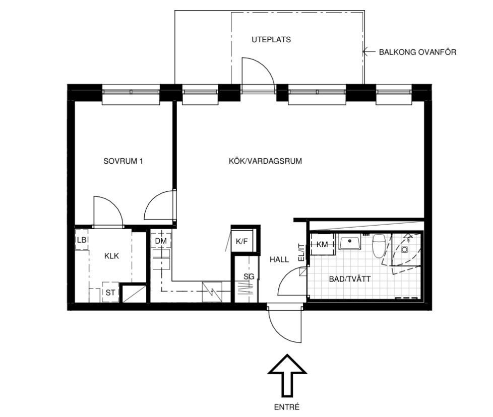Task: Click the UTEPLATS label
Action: [271, 40]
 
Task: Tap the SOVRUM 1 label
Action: [123, 161]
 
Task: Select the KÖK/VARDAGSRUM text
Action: [265, 161]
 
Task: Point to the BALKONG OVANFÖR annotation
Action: [417, 52]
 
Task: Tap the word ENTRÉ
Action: [287, 407]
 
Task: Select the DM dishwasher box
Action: [161, 241]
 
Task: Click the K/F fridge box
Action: [242, 241]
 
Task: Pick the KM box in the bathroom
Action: [322, 244]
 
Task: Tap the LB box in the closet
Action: [82, 240]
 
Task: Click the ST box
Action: [110, 292]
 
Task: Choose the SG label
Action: [249, 276]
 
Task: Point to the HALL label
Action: [279, 259]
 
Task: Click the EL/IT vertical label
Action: [301, 253]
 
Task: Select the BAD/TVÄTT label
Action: [350, 279]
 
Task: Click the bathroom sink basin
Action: [349, 242]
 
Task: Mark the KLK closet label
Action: [111, 256]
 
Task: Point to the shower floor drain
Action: [405, 249]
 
